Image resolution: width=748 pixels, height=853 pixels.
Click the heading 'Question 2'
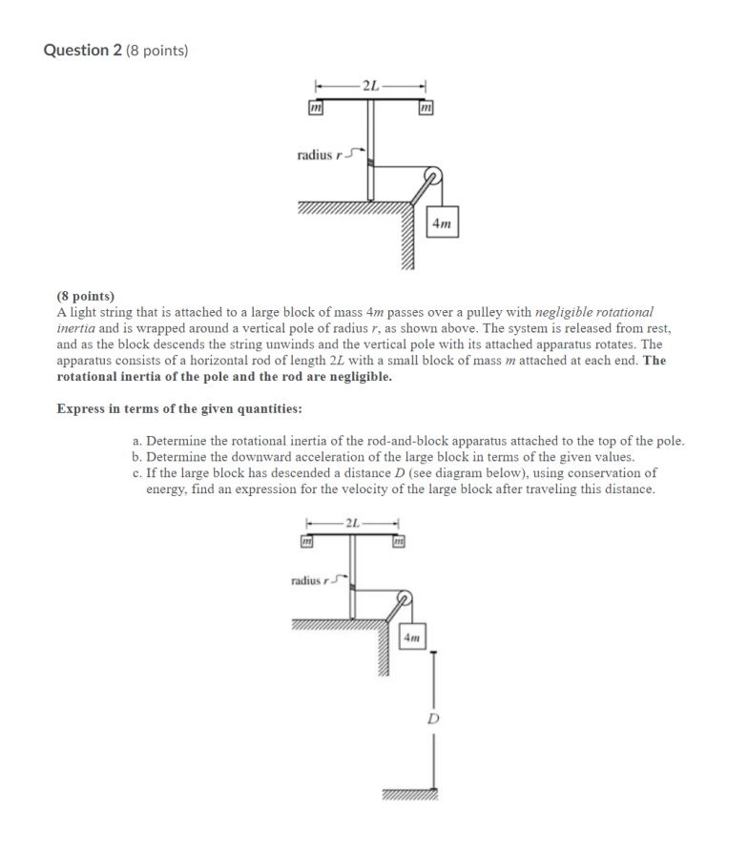tap(83, 51)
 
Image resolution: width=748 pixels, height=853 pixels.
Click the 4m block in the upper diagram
tap(442, 224)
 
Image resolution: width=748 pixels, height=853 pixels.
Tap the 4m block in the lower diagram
tap(411, 636)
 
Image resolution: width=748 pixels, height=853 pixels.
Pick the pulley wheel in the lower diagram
tap(405, 600)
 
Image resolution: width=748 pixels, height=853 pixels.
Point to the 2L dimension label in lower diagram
tap(352, 522)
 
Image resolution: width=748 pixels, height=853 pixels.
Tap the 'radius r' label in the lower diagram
tap(311, 579)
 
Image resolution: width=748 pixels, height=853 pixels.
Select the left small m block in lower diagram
tap(306, 542)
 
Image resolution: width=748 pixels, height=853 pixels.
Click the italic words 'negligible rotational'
tap(594, 311)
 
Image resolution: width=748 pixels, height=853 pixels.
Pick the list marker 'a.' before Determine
tap(138, 441)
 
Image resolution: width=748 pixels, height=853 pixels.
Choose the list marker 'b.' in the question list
tap(138, 456)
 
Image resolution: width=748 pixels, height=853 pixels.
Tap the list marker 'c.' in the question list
tap(138, 472)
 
